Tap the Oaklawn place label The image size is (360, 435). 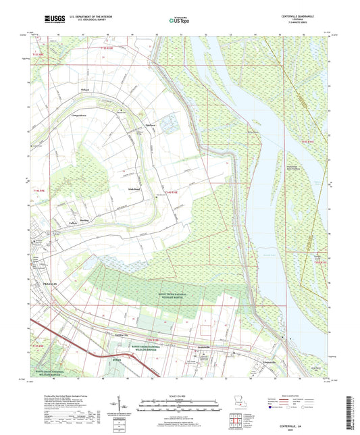(149, 124)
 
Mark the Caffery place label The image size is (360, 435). (73, 224)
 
